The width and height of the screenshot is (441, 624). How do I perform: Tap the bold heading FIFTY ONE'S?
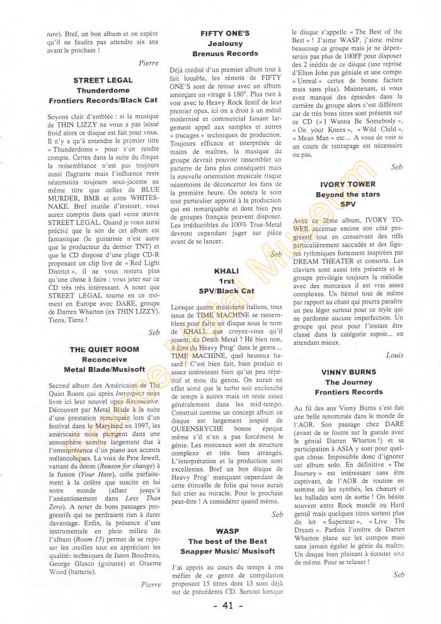225,32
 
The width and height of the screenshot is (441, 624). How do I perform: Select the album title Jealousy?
225,43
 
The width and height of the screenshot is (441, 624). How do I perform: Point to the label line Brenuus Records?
225,54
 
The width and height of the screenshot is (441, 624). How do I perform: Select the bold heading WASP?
227,531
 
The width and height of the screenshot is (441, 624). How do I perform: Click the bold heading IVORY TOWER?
348,185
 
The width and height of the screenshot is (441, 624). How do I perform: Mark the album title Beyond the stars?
348,195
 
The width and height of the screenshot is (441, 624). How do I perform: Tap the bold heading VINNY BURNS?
348,372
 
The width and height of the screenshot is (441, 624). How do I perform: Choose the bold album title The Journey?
348,382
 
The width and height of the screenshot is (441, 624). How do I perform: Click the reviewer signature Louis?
394,355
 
